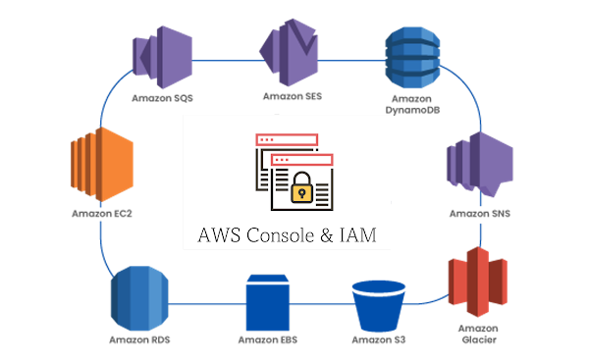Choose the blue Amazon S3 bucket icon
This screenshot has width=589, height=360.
[378, 303]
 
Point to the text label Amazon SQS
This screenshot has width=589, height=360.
[163, 98]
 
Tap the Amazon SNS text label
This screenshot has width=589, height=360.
[480, 213]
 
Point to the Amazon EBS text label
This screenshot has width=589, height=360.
[267, 340]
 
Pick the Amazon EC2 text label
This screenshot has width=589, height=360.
[100, 213]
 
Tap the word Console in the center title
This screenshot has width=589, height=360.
[284, 236]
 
